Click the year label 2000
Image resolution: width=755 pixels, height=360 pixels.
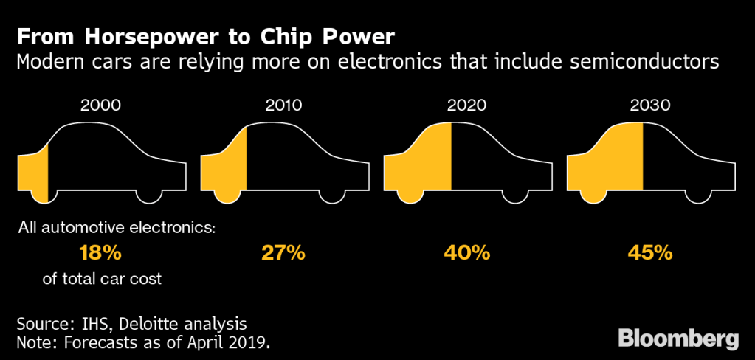tap(100, 105)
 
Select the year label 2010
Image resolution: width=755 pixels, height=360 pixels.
tap(283, 105)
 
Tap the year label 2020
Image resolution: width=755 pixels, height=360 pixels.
tap(466, 105)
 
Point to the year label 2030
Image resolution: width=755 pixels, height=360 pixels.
tap(649, 105)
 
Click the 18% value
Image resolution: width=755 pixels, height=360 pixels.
tap(100, 253)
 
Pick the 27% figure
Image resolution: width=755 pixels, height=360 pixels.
tap(283, 253)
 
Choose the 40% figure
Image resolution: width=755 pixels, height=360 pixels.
tap(466, 253)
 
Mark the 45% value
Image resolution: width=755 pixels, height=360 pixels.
tap(649, 253)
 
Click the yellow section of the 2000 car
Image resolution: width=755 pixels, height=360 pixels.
tap(34, 171)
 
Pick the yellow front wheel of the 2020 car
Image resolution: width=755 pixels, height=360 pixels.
tap(410, 193)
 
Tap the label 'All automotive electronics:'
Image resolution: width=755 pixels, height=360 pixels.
tap(117, 228)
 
